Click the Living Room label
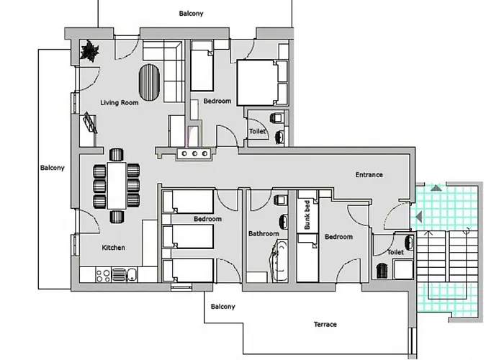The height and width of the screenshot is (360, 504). click(x=120, y=103)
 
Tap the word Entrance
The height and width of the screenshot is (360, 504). click(x=369, y=175)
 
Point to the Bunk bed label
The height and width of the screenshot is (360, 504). click(x=307, y=215)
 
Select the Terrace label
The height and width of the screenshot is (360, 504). click(x=325, y=324)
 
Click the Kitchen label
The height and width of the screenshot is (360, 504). click(x=114, y=248)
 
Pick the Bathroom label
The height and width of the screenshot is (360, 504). click(x=264, y=234)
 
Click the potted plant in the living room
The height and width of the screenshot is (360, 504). click(x=90, y=51)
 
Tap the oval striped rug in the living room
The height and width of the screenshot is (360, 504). click(x=149, y=83)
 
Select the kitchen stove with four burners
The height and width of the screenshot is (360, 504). click(x=104, y=276)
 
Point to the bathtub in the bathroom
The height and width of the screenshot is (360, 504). click(x=279, y=261)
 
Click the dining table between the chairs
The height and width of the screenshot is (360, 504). click(x=117, y=186)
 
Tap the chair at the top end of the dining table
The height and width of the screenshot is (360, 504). click(x=117, y=155)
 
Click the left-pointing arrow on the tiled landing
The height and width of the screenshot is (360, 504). click(x=418, y=217)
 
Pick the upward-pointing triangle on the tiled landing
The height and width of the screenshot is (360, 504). click(x=436, y=188)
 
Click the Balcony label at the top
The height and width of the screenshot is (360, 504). click(x=191, y=14)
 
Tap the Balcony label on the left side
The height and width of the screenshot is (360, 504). click(x=53, y=168)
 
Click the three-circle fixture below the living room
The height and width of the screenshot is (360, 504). click(x=194, y=153)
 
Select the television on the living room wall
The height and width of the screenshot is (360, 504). click(x=90, y=122)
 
